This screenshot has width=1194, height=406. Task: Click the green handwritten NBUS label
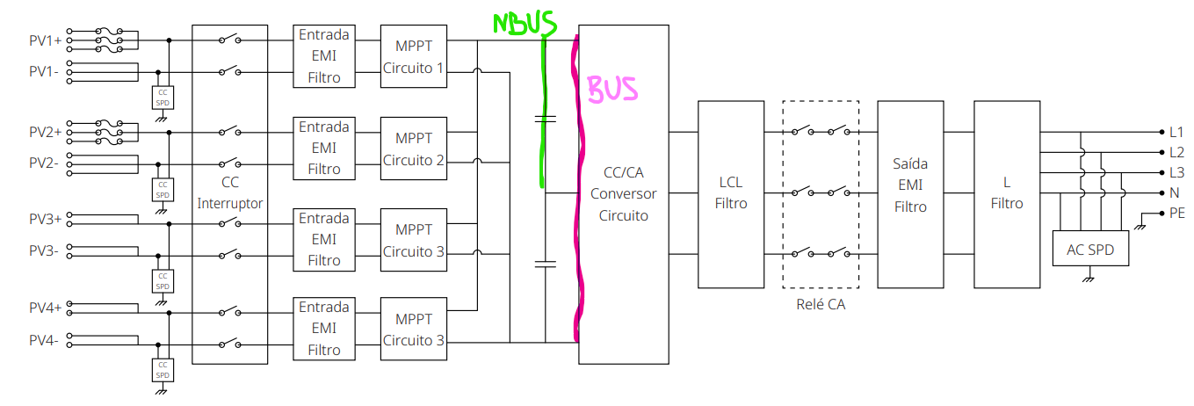[525, 24]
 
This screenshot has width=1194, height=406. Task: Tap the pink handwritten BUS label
[612, 89]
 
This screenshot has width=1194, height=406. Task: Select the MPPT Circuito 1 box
[414, 56]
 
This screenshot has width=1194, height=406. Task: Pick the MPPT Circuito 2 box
[414, 149]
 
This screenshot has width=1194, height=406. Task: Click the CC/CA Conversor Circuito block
[624, 194]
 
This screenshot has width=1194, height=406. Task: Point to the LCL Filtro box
[731, 194]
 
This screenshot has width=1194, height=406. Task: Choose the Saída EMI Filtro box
[910, 194]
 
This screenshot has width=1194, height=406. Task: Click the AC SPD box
[1090, 249]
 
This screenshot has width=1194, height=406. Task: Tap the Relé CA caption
[821, 304]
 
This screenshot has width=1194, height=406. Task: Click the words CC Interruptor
[229, 192]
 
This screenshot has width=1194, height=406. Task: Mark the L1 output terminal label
[1176, 132]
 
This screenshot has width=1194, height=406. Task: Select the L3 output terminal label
[1177, 172]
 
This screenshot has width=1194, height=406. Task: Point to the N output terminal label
[1175, 192]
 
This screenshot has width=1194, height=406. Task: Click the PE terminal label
[1177, 214]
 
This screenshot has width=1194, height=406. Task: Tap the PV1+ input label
[46, 40]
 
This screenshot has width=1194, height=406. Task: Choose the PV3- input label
[44, 250]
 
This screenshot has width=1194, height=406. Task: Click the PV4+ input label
[46, 308]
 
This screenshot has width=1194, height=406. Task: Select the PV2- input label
[44, 163]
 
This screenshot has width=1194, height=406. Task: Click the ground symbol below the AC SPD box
[1089, 278]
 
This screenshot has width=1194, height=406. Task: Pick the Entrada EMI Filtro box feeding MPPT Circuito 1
[324, 56]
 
